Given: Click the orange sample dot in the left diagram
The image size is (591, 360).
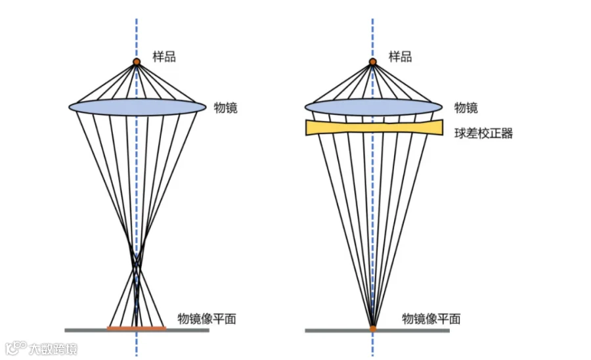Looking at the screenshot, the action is tap(137, 62).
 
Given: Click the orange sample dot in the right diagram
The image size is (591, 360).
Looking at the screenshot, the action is tap(373, 62).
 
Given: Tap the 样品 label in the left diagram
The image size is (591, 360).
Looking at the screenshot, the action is tap(164, 56).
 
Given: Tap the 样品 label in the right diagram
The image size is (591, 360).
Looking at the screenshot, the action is tap(401, 56).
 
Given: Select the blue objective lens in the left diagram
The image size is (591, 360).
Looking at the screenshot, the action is tap(137, 108).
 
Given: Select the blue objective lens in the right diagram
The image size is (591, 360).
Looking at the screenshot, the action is tap(374, 108).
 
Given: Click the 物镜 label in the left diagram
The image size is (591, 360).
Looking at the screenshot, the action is tap(226, 108).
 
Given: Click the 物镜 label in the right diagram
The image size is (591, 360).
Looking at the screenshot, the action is tap(466, 108).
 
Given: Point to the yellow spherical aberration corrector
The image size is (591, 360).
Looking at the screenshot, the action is tap(374, 127).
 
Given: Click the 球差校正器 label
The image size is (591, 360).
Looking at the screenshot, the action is tap(483, 133).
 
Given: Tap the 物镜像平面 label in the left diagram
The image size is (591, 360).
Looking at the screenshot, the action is tap(207, 319).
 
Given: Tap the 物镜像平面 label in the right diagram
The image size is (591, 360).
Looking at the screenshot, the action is tap(431, 319).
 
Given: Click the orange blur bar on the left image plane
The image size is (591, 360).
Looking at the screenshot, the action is tap(137, 328).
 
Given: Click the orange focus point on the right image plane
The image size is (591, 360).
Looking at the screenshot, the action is tap(373, 328).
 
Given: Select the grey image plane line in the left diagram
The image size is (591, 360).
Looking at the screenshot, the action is tap(137, 330).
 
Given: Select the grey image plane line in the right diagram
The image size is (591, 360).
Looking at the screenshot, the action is tap(378, 330).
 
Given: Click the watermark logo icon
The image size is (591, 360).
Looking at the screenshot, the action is tap(16, 348).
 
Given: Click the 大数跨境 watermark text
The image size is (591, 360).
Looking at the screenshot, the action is tap(53, 349).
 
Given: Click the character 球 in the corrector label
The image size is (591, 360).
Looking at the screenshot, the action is tap(460, 133).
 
